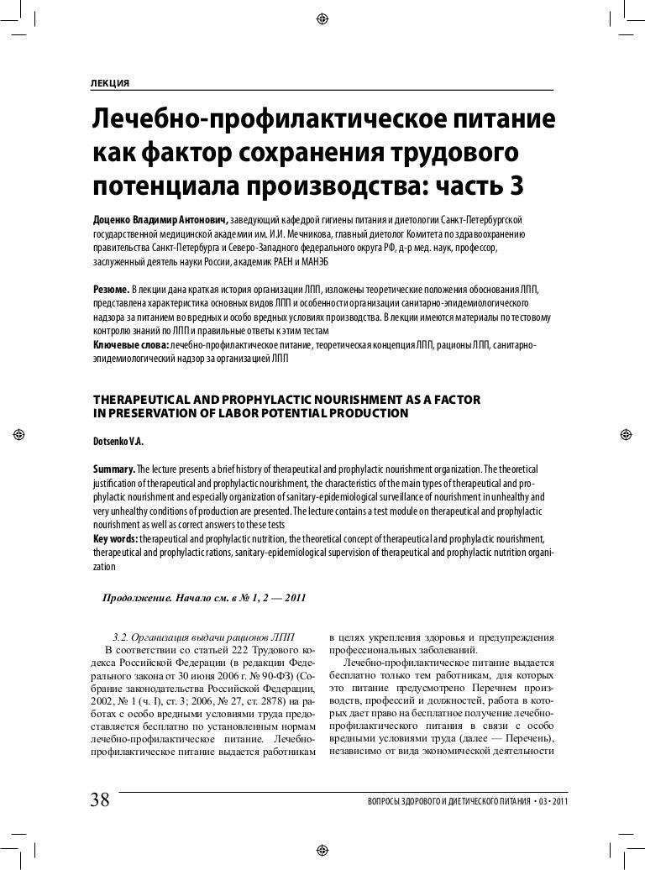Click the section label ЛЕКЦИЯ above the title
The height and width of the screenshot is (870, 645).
109,82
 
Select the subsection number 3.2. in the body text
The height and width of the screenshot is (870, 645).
123,635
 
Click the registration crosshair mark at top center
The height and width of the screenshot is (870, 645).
322,19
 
